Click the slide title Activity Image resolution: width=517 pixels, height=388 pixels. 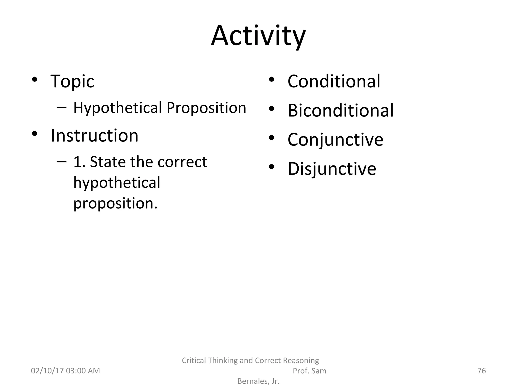point(258,36)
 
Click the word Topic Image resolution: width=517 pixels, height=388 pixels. point(72,81)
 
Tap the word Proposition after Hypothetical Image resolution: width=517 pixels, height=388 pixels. point(206,108)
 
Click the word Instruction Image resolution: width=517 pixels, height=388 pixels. point(94,136)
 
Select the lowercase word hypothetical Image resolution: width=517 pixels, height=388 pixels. point(117,183)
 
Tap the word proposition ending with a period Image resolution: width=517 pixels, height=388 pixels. point(115,203)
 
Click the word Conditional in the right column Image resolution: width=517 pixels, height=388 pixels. point(334,81)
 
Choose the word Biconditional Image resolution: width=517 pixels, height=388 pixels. point(341,111)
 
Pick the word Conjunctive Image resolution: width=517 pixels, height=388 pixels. point(335,140)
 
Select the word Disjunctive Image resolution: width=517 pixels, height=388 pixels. point(332,169)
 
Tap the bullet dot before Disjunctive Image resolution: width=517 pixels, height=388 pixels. point(271,167)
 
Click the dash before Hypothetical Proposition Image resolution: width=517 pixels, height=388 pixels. point(62,107)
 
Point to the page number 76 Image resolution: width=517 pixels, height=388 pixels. point(482,371)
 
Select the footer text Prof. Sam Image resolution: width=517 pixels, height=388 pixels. point(309,371)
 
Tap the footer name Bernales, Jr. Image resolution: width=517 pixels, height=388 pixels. point(258,381)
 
